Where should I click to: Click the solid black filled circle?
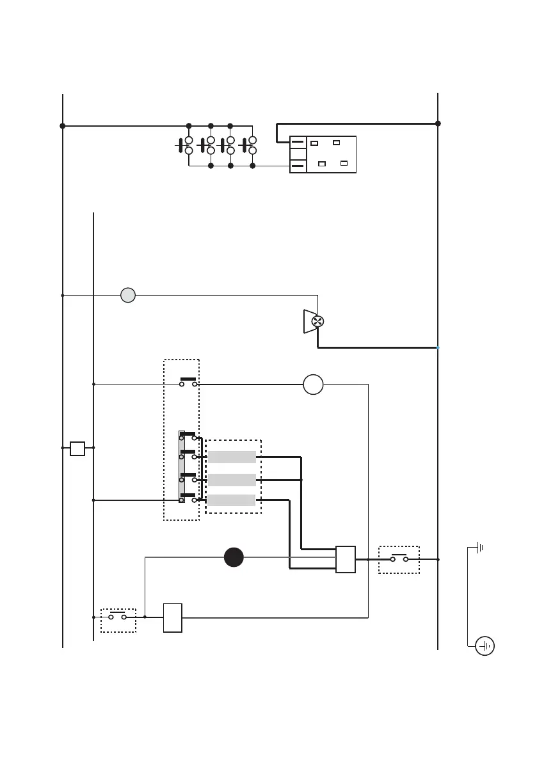click(x=234, y=557)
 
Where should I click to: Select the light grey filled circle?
click(x=128, y=296)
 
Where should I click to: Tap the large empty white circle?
click(x=313, y=385)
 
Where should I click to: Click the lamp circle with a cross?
click(x=316, y=321)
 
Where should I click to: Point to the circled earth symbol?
click(x=485, y=646)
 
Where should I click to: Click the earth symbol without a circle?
click(x=479, y=548)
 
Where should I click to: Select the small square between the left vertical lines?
click(x=77, y=448)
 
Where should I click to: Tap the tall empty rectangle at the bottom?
click(x=173, y=617)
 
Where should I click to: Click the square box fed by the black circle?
click(x=346, y=559)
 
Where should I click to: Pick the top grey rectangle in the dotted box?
click(x=232, y=457)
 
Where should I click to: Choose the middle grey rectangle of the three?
click(x=232, y=480)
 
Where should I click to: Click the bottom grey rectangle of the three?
click(x=232, y=500)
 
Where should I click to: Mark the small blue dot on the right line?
click(x=438, y=347)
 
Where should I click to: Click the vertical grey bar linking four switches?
click(x=182, y=466)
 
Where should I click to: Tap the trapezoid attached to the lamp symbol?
click(x=307, y=321)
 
